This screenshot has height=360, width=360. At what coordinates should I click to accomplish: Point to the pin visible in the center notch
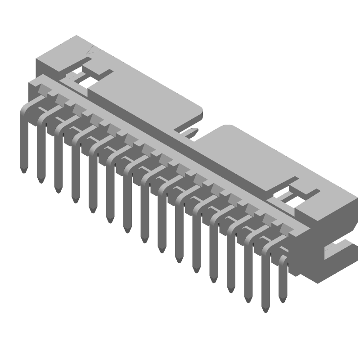tap(193, 132)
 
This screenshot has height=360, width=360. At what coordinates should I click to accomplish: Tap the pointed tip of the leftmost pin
tap(23, 170)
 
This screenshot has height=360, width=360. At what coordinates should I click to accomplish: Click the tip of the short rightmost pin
tap(283, 300)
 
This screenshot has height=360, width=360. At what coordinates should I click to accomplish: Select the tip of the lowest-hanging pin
tap(265, 310)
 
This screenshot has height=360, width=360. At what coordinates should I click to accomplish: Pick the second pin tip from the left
tap(41, 180)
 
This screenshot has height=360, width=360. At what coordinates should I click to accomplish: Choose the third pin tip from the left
tap(58, 190)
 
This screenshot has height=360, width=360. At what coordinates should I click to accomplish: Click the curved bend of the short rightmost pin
tap(283, 259)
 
